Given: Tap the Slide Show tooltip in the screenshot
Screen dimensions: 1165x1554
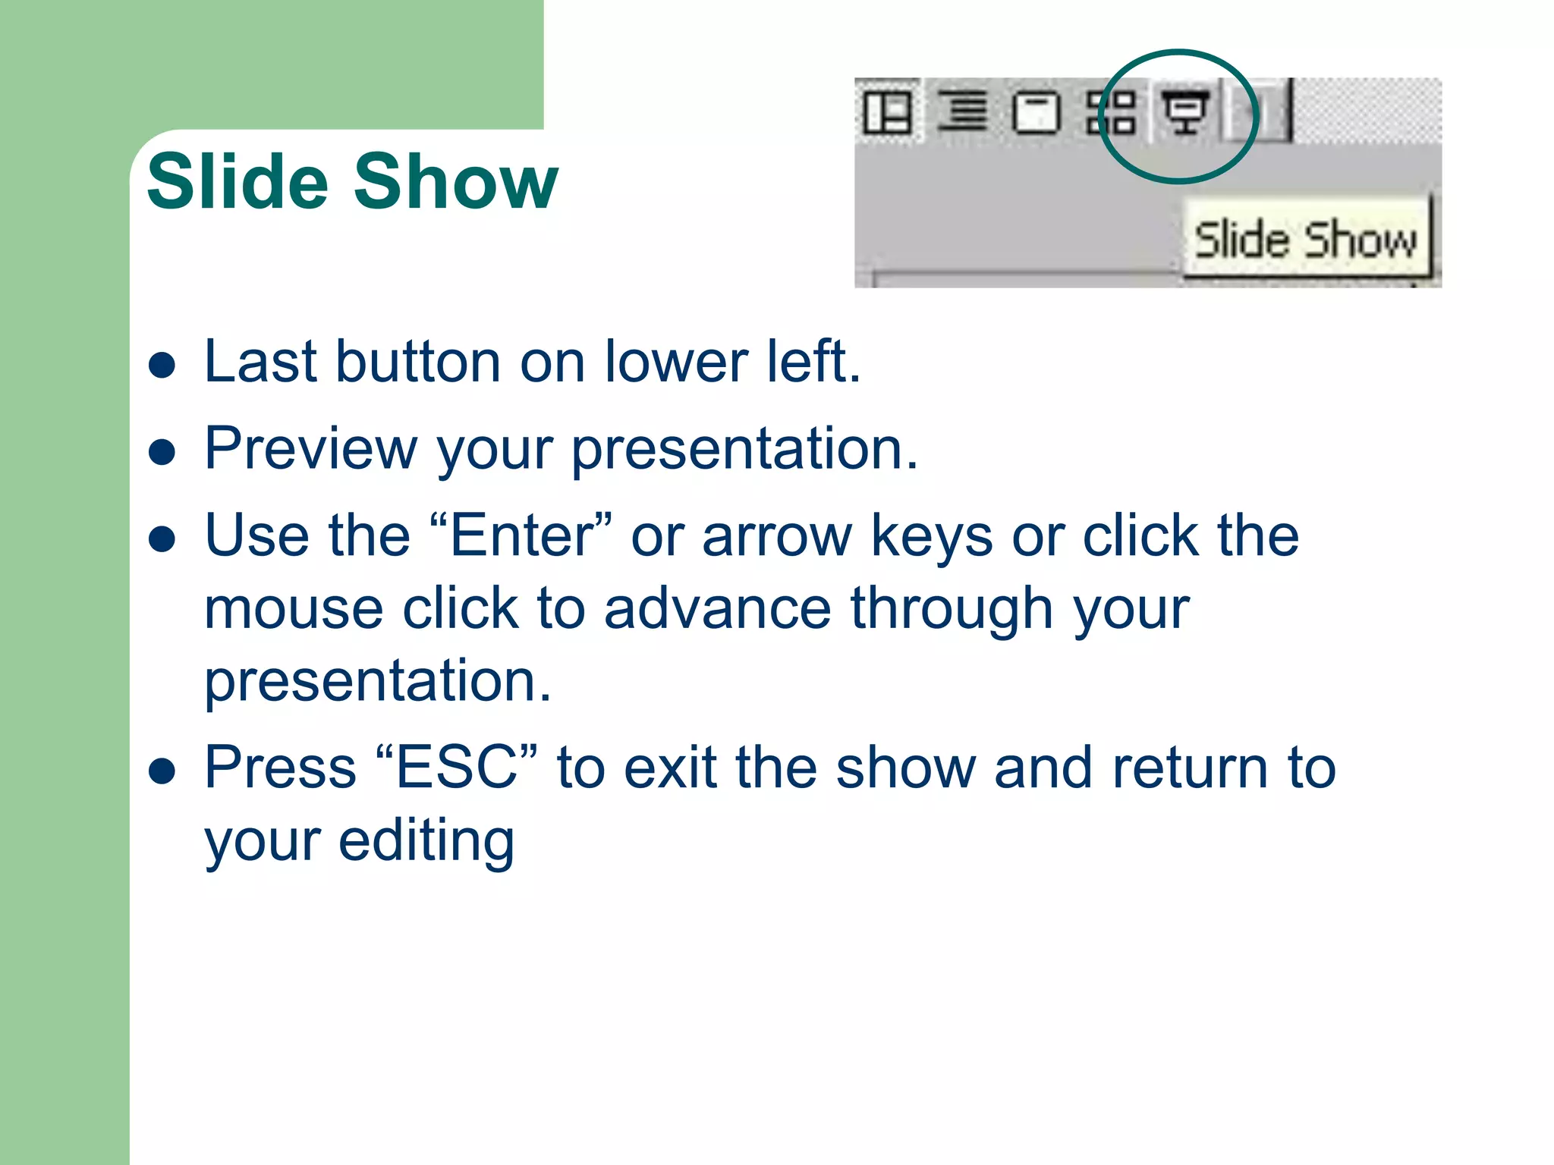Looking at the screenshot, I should tap(1306, 240).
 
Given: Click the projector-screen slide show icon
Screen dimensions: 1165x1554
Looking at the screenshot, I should tap(1185, 112).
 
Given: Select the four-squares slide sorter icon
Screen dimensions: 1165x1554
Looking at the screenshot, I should tap(1111, 113).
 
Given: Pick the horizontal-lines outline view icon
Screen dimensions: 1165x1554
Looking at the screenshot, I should tap(962, 111).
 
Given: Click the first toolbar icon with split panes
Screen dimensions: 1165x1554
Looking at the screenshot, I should tap(887, 112).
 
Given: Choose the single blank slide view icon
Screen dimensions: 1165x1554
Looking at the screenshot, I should tap(1037, 113).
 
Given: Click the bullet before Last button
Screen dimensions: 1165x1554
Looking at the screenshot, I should tap(162, 365).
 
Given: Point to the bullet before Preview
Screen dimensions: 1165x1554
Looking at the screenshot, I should tap(162, 452).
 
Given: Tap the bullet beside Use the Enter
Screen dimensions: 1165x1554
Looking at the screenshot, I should tap(162, 539).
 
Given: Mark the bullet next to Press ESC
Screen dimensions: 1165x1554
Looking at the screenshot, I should tap(162, 771).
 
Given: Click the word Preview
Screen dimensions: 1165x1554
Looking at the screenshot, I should tap(311, 449).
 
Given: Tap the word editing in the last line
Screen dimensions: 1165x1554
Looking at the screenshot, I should tap(426, 841).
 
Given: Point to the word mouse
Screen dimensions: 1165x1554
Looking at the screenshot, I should tap(294, 609).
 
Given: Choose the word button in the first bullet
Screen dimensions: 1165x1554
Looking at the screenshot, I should tap(418, 362).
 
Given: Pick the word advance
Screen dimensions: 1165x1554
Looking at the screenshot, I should tap(718, 609).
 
